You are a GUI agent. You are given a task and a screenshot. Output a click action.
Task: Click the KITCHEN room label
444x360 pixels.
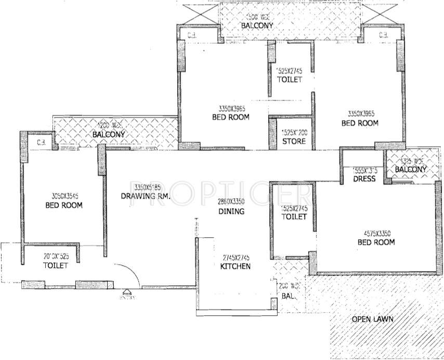[236, 266]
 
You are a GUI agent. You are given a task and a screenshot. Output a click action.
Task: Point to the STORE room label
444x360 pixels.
[294, 142]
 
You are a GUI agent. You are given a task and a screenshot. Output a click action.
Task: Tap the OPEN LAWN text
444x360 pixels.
[372, 319]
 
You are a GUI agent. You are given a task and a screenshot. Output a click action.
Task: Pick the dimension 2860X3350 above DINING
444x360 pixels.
[231, 202]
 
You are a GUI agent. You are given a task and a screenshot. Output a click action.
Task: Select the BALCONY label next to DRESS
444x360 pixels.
[411, 170]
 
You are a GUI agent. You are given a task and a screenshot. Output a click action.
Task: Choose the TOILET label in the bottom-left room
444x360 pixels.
[56, 266]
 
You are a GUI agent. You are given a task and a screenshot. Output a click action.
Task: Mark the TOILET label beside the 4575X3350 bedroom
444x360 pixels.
[294, 217]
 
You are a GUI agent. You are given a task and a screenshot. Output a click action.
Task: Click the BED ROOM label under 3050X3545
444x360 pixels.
[64, 205]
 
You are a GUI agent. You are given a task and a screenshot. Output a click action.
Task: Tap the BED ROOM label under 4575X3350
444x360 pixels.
[376, 242]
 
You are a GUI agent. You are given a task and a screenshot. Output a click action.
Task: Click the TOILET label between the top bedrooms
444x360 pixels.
[290, 80]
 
